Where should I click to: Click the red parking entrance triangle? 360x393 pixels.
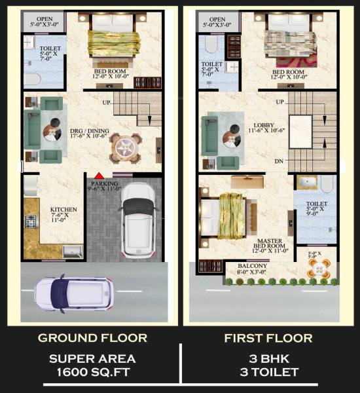coord(98,175)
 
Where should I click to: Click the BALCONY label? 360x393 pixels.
coord(251,266)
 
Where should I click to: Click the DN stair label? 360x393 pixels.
coord(279,161)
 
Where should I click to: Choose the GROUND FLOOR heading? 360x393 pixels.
coord(92,339)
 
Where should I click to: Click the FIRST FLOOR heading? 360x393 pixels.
coord(268,339)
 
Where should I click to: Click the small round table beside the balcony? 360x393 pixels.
coord(318,267)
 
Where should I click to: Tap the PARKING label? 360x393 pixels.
coord(105,184)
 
